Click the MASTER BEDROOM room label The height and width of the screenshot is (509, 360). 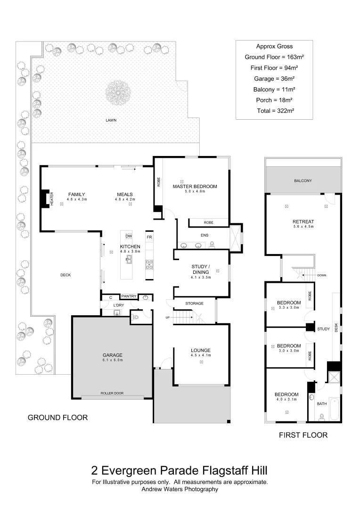[195, 187]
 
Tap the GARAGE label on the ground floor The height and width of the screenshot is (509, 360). [113, 355]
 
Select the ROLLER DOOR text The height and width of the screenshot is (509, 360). [112, 393]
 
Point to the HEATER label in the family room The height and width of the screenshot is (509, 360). [52, 198]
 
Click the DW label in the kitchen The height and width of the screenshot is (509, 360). [129, 237]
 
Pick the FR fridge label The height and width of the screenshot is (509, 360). [149, 237]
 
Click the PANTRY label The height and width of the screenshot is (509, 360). [129, 296]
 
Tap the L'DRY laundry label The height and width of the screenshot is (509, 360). [118, 305]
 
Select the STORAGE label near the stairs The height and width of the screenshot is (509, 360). [194, 304]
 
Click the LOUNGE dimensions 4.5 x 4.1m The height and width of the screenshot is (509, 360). [201, 355]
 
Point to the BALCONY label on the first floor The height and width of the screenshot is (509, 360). [303, 181]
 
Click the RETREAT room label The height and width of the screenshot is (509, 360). [303, 222]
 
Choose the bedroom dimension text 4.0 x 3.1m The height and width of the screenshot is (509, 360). [286, 400]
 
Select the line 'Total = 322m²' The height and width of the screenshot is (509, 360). [274, 111]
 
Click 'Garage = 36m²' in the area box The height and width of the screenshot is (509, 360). [274, 79]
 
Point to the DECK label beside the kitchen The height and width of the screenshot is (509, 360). [65, 275]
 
